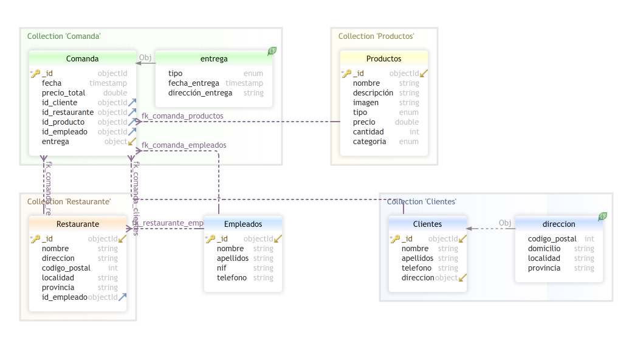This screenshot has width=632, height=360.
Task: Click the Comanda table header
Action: pos(82,59)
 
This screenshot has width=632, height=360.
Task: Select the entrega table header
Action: pos(214,59)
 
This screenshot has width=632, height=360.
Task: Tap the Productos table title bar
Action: pos(383,59)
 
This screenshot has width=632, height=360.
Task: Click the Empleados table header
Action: pos(242,224)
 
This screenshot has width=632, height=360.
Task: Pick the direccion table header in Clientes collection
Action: pos(558,224)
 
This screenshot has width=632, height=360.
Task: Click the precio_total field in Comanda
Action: pos(63,93)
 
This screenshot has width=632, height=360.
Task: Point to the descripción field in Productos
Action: pos(373,93)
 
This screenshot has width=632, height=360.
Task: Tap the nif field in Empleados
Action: pos(222,268)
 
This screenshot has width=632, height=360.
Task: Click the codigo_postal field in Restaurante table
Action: pos(66,268)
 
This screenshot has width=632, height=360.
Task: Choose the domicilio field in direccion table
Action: pos(544,249)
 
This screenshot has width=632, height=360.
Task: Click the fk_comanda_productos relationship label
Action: pos(182,116)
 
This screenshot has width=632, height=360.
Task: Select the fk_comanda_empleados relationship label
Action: pos(184,145)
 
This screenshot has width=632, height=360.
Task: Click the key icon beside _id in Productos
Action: pos(346,74)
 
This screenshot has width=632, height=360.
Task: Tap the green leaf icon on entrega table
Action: pos(272,52)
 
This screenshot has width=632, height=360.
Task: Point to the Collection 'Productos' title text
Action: pos(376,36)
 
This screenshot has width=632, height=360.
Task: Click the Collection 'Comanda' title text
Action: pos(64,36)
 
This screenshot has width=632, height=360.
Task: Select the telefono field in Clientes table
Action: pos(416,268)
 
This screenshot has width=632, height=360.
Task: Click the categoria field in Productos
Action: pos(369,142)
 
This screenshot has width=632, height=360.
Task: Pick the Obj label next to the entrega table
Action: pos(145,58)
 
